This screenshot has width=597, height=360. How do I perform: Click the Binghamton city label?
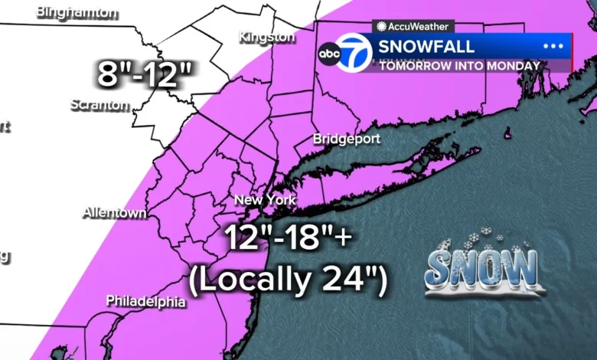coord(77,12)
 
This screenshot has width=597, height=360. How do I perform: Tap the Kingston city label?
coord(266,37)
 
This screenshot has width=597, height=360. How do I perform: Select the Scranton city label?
coord(99,105)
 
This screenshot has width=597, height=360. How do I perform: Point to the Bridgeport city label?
coord(347,139)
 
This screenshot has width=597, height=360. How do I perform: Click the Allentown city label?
coord(115,212)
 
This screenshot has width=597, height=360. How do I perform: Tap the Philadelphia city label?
coord(145,301)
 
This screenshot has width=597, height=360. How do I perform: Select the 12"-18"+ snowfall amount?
coord(289,239)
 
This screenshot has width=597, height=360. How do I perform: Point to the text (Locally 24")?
coord(288,281)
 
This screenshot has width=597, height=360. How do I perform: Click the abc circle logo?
coord(329,54)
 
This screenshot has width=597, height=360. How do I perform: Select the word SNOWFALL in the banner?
coord(426,46)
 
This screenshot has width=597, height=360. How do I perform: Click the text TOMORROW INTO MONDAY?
coord(459,66)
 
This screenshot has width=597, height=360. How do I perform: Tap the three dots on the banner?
coord(553,46)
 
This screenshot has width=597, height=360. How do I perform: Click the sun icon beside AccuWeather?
coord(381,26)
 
